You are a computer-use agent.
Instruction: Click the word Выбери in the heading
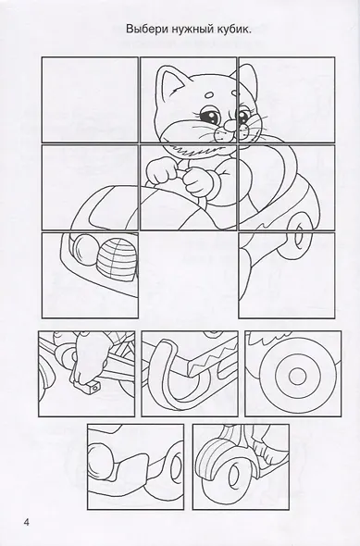pos(147,30)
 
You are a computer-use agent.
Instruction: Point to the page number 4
pos(27,522)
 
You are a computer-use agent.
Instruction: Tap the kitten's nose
pos(230,125)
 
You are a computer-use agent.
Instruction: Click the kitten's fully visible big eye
pos(210,116)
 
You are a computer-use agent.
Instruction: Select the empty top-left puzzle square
pos(90,100)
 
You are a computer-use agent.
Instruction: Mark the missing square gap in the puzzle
pos(189,275)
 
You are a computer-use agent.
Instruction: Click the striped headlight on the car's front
pos(117,255)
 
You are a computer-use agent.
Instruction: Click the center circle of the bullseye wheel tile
pos(297,376)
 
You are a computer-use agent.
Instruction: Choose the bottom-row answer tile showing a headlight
pos(135,466)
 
